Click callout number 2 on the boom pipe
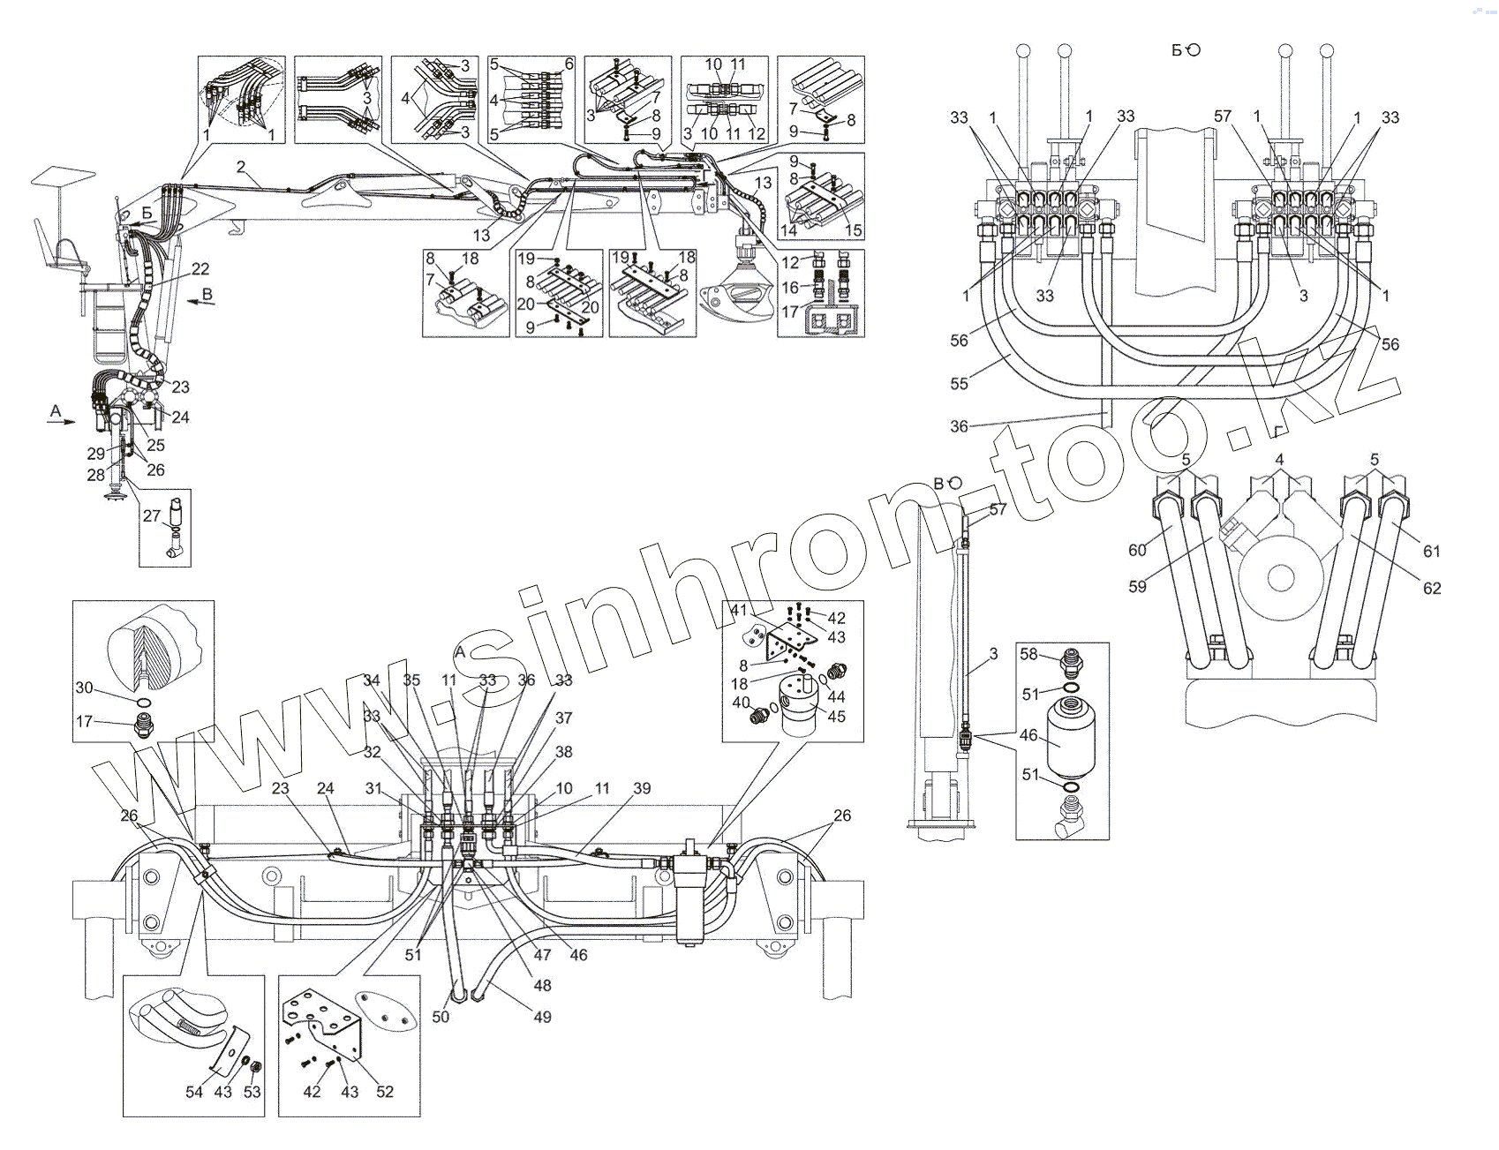point(240,167)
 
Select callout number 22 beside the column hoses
point(201,269)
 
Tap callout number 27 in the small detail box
point(152,515)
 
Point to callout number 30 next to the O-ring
point(84,688)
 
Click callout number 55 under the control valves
point(960,383)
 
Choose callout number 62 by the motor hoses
point(1432,588)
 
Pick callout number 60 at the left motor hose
point(1137,550)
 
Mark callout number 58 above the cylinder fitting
point(1029,654)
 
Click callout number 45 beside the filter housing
point(836,717)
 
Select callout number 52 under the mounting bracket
point(385,1092)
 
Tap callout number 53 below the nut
point(252,1092)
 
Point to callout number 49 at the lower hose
point(543,1017)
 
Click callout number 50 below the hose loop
point(441,1017)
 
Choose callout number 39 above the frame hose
point(642,788)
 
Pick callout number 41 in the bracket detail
point(739,610)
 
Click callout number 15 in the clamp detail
point(853,230)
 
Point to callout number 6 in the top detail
point(569,64)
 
